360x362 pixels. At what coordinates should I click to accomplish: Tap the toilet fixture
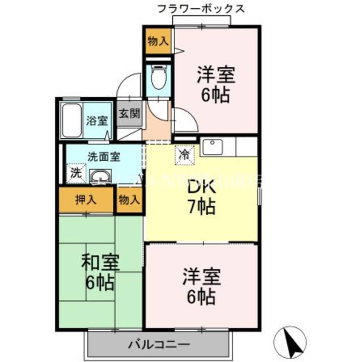click(x=158, y=77)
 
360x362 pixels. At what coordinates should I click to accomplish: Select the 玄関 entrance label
click(x=129, y=114)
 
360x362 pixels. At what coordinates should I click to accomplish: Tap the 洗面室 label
click(x=104, y=156)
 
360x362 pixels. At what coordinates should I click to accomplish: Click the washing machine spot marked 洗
click(x=75, y=174)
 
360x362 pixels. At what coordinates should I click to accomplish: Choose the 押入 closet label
click(x=86, y=200)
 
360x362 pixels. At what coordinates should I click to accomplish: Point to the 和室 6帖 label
click(x=100, y=272)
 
